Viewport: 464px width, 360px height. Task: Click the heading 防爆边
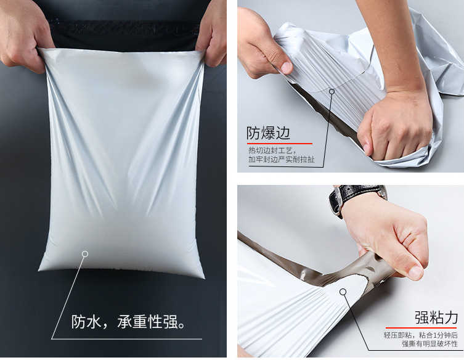(x=269, y=133)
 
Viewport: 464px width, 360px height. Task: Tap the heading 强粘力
(x=436, y=317)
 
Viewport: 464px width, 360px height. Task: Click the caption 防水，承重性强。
(x=128, y=322)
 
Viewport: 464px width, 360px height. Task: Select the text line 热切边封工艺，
(x=272, y=150)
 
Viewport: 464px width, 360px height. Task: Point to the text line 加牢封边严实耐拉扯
(x=282, y=159)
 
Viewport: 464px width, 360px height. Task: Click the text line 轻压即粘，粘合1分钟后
(x=420, y=335)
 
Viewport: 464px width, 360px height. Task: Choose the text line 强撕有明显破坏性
(x=429, y=344)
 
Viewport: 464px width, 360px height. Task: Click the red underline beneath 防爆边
(x=280, y=144)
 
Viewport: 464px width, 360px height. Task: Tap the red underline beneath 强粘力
(x=421, y=328)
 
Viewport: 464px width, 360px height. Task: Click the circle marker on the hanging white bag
(x=85, y=254)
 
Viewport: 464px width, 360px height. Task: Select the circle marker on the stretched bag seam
(x=332, y=91)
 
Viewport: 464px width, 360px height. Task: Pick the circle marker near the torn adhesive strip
(x=343, y=292)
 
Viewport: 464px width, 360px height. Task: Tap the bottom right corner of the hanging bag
(x=204, y=277)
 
